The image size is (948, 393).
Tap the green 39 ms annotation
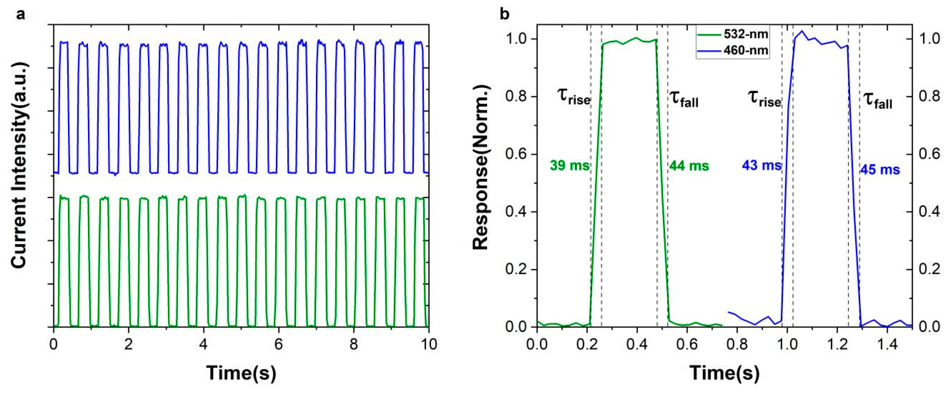tap(569, 166)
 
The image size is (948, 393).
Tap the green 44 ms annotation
tap(689, 166)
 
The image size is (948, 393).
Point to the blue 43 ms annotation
tap(761, 166)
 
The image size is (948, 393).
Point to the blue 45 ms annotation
tap(879, 170)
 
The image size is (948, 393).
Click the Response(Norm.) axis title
tap(480, 167)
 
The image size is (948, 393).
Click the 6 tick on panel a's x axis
tap(278, 344)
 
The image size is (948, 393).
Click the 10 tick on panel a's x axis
tap(428, 344)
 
